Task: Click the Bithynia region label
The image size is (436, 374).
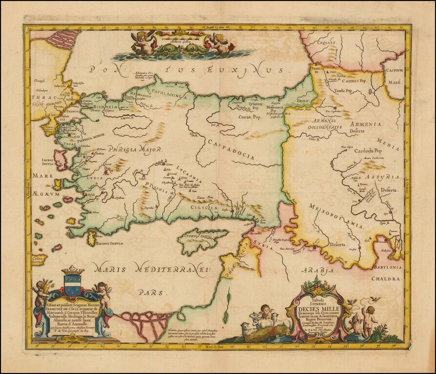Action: click(104, 106)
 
